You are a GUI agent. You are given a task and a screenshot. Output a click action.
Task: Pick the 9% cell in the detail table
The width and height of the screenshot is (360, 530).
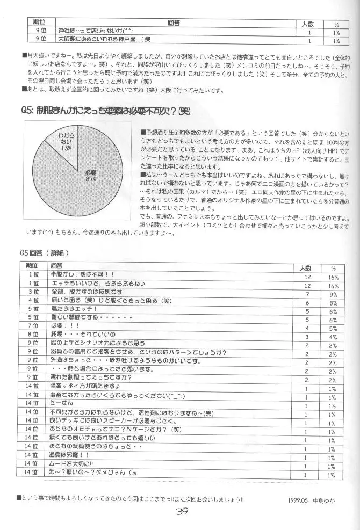point(333,294)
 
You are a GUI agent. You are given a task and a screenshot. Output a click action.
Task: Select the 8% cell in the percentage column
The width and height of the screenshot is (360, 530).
point(333,302)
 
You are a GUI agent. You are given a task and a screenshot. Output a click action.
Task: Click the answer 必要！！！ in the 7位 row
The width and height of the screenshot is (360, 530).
point(66,325)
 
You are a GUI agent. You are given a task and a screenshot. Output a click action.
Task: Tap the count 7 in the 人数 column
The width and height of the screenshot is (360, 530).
point(307,294)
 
